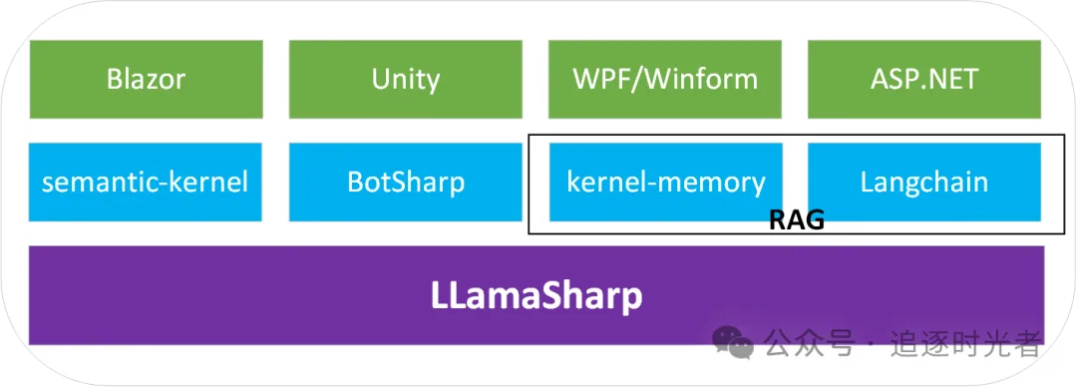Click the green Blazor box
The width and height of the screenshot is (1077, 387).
[146, 79]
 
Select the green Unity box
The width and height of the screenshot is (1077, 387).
[405, 79]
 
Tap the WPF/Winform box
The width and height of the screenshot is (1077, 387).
[665, 79]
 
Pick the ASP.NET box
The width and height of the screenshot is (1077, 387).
[924, 79]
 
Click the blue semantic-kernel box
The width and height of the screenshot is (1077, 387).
[146, 183]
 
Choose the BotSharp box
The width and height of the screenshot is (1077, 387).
[405, 183]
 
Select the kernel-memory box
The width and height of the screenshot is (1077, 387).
[665, 183]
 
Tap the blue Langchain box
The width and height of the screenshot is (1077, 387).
[924, 183]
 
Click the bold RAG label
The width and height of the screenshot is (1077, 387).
[796, 220]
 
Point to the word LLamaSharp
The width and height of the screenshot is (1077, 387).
[537, 296]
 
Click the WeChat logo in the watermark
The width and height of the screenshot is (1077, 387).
[732, 342]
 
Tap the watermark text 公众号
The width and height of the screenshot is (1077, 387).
[810, 342]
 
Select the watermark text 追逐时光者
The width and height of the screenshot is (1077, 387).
[966, 342]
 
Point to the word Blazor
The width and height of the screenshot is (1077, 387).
[147, 79]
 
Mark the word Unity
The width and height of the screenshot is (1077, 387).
[405, 81]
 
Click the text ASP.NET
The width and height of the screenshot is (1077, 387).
[924, 79]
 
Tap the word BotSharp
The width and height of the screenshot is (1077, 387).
[406, 183]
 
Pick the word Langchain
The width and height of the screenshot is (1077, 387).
[924, 183]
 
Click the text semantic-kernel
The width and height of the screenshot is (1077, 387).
[146, 183]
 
